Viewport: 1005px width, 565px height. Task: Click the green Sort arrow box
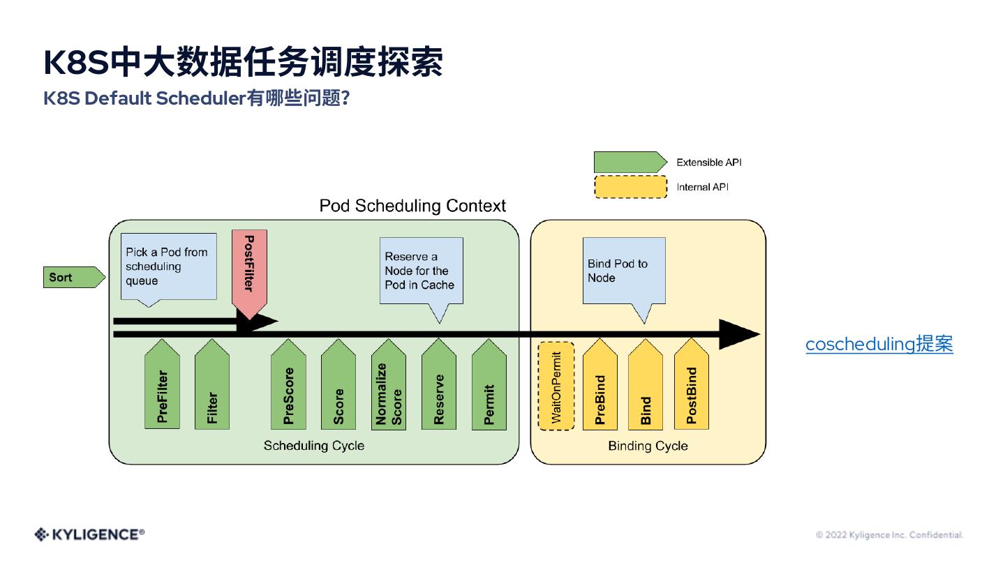coord(74,277)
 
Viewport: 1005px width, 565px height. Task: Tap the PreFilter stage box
coord(162,384)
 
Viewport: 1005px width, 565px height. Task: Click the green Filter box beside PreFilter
coord(212,384)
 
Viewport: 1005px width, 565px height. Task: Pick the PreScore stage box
coord(288,384)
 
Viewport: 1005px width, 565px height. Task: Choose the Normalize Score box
coord(389,384)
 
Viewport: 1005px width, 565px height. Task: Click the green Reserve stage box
coord(439,384)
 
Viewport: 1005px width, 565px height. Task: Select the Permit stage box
coord(489,384)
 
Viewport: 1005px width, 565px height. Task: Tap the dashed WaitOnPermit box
coord(556,386)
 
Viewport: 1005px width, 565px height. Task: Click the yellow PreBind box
coord(600,384)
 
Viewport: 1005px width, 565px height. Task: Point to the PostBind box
coord(692,384)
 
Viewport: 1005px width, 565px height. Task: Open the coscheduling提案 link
coord(879,344)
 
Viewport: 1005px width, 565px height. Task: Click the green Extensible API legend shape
coord(630,162)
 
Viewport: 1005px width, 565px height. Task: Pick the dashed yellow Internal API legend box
coord(630,187)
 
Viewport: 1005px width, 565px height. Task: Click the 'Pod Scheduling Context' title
coord(412,206)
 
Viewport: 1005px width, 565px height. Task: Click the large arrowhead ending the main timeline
coord(739,334)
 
